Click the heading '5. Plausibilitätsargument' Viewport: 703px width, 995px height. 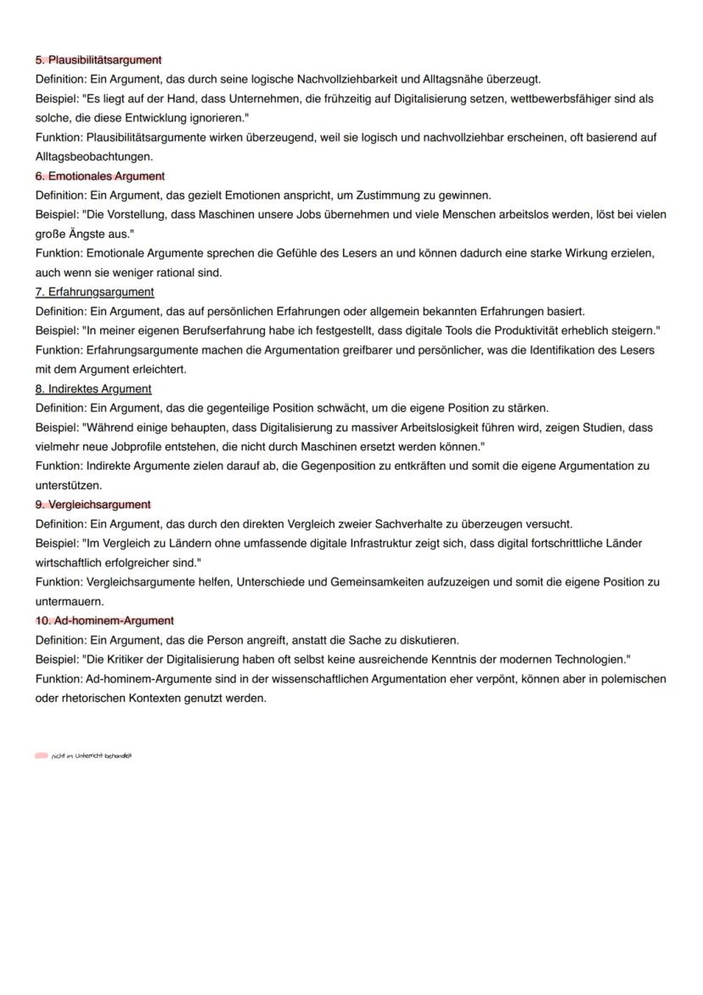click(x=98, y=59)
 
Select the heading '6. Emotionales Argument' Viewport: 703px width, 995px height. click(x=100, y=176)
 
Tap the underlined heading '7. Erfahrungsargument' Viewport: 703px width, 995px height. click(x=94, y=292)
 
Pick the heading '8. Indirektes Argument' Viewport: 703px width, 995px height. click(x=93, y=389)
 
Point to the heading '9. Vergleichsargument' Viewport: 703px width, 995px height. click(x=93, y=505)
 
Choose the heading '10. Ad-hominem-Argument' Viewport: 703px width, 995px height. click(x=104, y=621)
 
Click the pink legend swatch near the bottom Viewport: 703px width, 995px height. click(x=42, y=755)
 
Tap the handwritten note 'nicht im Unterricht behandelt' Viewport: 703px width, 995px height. click(x=92, y=755)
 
